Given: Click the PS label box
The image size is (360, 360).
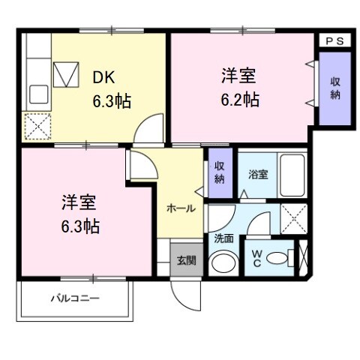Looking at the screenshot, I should point(334,42).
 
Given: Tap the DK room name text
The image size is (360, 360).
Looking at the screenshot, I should point(103,76).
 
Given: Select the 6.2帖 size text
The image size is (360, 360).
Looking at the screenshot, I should point(241,99).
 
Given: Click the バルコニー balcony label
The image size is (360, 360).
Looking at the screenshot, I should point(75,298).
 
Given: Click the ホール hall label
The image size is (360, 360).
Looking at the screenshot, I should point(181,208).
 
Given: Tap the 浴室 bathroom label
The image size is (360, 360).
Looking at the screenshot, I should point(259,174).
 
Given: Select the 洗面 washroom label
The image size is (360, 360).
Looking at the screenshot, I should point(223,238).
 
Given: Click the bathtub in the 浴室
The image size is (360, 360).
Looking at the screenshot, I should point(291,174).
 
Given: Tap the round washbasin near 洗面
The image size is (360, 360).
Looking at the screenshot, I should point(222,262).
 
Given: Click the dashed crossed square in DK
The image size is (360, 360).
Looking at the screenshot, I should point(36,125).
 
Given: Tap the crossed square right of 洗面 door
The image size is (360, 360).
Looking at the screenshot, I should point(292,217).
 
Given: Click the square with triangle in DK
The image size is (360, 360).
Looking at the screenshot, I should point(67,75).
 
